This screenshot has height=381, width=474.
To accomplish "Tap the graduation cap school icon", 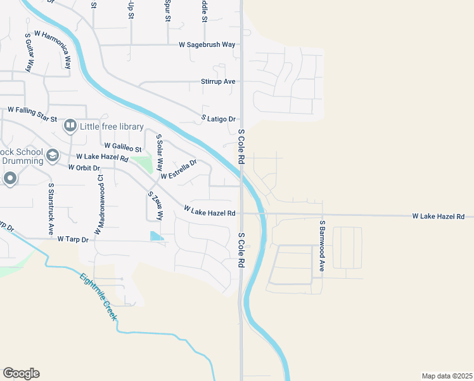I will tap(53, 156).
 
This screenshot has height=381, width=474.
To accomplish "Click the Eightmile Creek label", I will tap(99, 296).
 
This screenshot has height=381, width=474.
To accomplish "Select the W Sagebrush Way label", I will tap(207, 45).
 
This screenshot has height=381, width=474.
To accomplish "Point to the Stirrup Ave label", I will tap(218, 82).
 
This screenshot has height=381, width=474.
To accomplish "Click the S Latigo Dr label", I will tap(219, 119).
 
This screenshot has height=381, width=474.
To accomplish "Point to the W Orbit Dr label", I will tap(84, 168).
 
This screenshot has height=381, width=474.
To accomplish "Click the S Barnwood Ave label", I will tap(322, 246).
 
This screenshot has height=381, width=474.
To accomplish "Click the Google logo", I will tap(21, 373).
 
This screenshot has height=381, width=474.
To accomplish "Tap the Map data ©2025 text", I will tap(447, 375).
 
